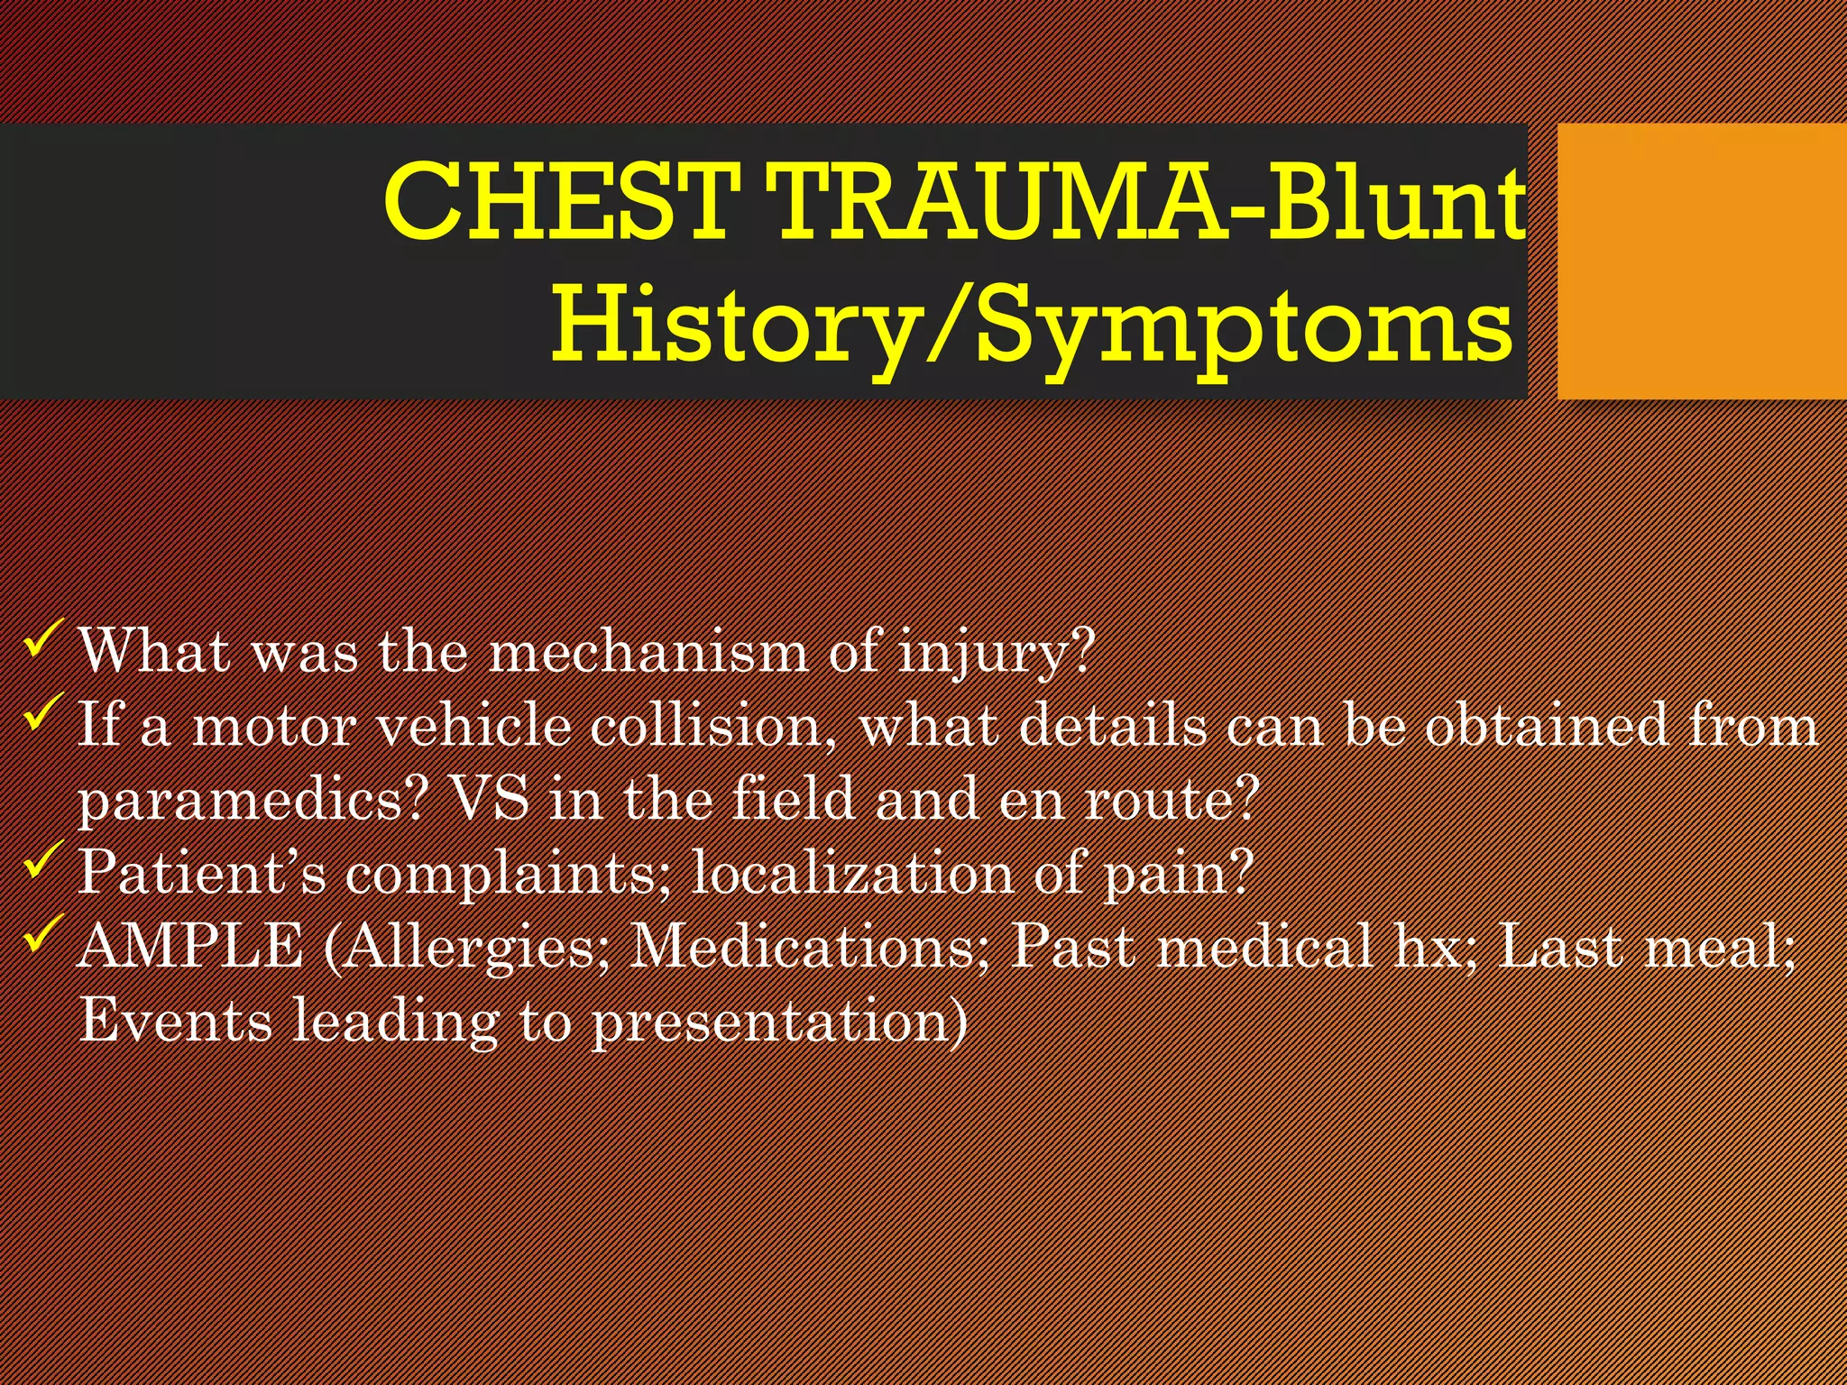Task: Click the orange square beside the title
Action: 1701,261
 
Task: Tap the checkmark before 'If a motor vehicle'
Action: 42,712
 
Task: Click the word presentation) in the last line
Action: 779,1022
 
